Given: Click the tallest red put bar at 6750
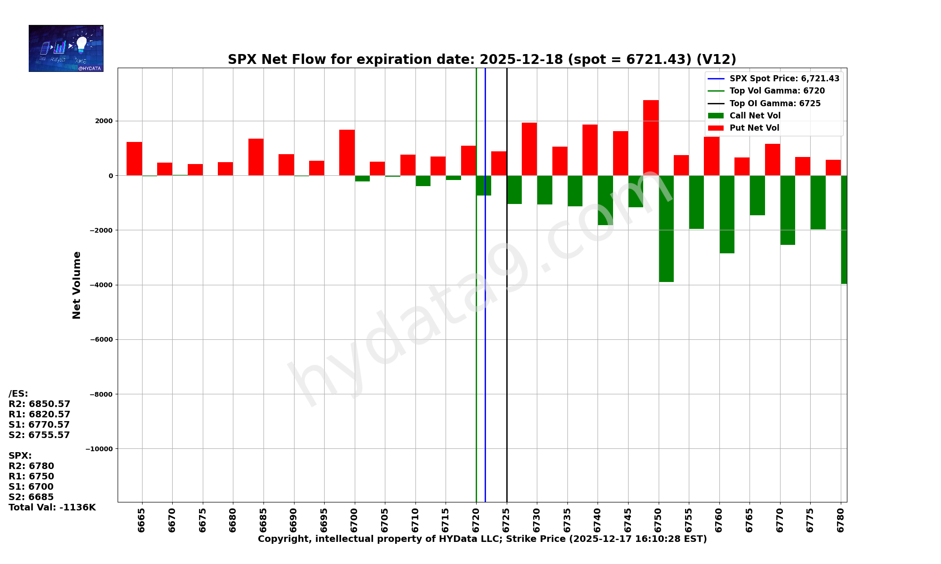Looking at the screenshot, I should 651,138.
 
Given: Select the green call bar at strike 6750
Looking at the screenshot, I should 666,229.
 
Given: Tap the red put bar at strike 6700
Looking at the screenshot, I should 347,153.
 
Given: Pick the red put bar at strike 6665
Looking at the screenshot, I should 134,159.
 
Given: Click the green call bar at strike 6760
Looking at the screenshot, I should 727,214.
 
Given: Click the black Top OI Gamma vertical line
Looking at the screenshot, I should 507,352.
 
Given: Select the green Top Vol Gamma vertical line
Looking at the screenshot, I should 476,352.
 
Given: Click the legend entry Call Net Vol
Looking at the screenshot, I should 755,116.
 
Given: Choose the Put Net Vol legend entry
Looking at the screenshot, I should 754,128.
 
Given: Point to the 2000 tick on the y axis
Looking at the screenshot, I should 104,121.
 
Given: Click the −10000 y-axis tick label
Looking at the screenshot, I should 99,449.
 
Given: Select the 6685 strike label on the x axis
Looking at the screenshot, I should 263,520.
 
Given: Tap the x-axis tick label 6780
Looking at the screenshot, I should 841,520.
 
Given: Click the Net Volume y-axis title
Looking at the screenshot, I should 77,285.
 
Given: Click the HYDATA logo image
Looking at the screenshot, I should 66,48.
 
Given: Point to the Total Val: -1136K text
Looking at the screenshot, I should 52,508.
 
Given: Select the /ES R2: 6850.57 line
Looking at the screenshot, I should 40,404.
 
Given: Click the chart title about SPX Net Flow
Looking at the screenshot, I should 482,60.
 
